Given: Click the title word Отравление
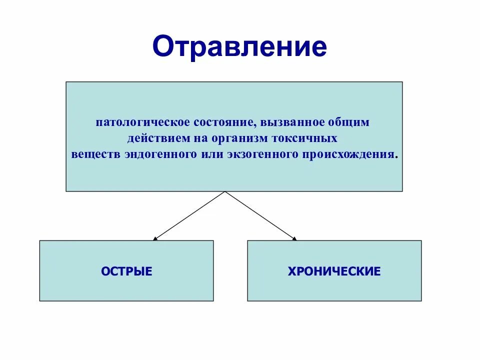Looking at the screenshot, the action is [x=240, y=47].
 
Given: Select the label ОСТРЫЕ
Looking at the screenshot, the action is [x=126, y=271].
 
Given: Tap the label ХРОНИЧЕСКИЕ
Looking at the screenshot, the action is [x=334, y=271].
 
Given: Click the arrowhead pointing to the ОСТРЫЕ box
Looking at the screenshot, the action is [x=155, y=239].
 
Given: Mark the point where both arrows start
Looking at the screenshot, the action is [x=225, y=191].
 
